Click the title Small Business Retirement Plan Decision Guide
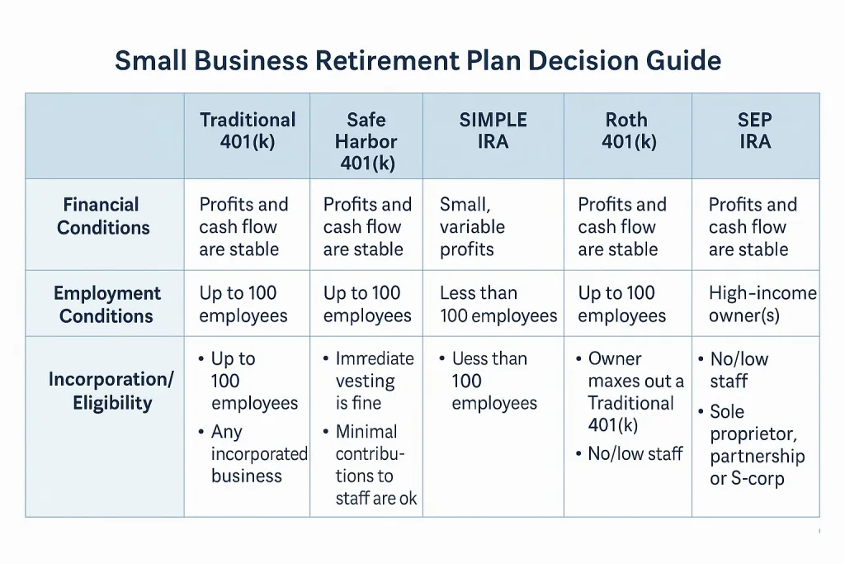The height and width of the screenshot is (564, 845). [x=418, y=60]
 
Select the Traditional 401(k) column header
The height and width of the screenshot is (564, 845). [x=248, y=130]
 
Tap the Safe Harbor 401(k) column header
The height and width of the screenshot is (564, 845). [x=366, y=141]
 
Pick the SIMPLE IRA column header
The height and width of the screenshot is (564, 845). [x=493, y=130]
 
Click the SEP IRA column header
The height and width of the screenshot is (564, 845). [x=754, y=130]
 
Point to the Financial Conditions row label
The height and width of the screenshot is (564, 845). [x=103, y=216]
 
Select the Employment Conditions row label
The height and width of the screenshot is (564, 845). [x=106, y=305]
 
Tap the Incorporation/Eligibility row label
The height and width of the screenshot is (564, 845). [x=111, y=391]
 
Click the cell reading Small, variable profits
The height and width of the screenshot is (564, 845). [x=472, y=227]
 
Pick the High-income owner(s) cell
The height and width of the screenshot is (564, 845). [x=762, y=305]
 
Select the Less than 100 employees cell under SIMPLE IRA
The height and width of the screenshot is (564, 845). [x=498, y=305]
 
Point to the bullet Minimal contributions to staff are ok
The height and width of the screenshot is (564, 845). [x=375, y=465]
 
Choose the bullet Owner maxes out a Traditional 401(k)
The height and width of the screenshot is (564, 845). [x=635, y=392]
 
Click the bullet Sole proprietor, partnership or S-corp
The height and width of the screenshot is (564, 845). [x=757, y=445]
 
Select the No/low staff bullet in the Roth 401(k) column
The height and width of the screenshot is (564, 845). [x=635, y=453]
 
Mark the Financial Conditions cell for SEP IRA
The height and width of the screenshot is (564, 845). [x=753, y=227]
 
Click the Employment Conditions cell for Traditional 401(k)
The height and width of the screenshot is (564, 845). [x=243, y=305]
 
